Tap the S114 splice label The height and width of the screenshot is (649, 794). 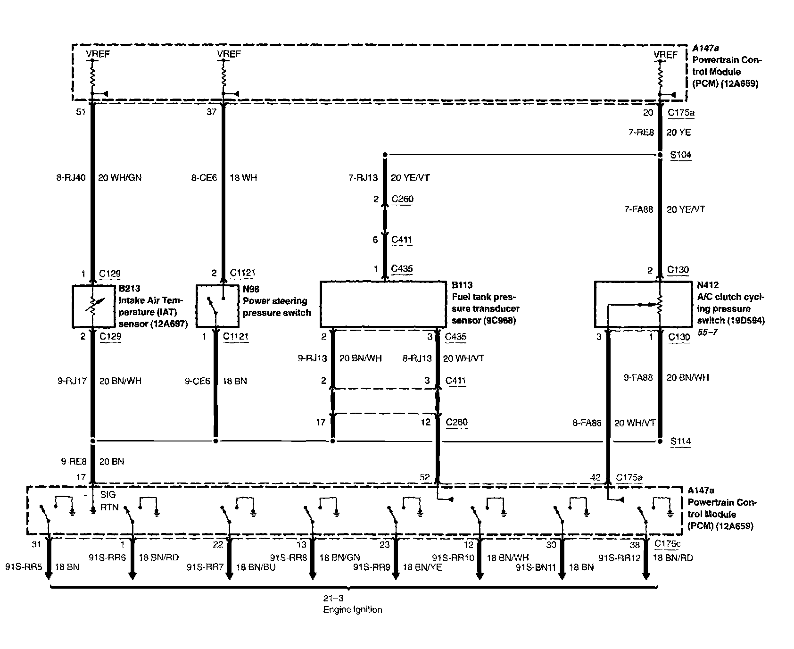click(x=680, y=441)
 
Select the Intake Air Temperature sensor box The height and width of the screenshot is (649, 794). click(x=93, y=307)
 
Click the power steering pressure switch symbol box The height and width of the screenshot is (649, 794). click(x=217, y=306)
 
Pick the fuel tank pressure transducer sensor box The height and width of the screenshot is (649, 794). click(x=383, y=304)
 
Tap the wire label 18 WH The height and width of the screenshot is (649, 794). click(x=243, y=178)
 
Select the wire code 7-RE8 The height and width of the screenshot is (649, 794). click(x=641, y=133)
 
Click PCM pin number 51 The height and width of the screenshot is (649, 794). click(x=81, y=112)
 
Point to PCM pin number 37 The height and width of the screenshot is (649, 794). click(x=212, y=112)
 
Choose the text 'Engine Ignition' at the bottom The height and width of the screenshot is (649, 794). click(x=352, y=610)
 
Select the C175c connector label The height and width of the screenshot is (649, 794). click(x=668, y=544)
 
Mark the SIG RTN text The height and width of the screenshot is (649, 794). click(x=108, y=501)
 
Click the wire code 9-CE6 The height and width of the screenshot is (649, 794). click(x=197, y=381)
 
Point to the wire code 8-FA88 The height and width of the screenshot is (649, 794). click(x=587, y=424)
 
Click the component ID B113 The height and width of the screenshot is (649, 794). click(x=463, y=285)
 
